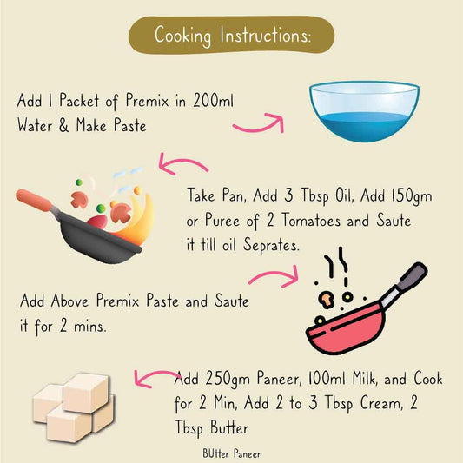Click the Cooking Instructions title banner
point(231,36)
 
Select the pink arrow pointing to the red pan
point(271,277)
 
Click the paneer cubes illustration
point(74,403)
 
